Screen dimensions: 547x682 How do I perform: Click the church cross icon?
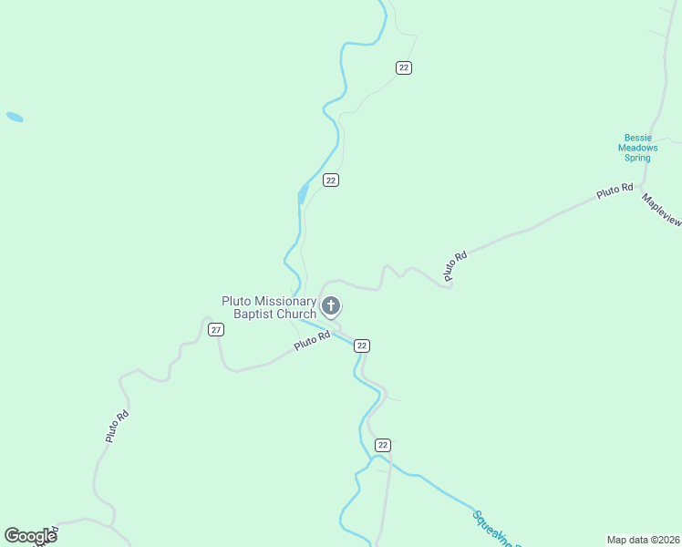tap(331, 305)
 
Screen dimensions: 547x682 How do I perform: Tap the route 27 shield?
tap(215, 329)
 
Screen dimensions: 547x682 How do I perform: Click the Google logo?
tap(30, 535)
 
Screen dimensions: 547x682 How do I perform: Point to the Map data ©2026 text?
tap(643, 539)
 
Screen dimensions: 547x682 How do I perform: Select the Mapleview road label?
tap(662, 209)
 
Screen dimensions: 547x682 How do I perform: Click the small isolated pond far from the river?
tap(15, 117)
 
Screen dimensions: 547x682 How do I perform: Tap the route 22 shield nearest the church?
tap(362, 346)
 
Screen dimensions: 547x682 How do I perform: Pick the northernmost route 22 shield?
tap(404, 67)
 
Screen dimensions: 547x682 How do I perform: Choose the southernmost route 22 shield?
tap(383, 445)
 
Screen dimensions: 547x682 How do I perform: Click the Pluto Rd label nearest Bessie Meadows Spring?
tap(615, 191)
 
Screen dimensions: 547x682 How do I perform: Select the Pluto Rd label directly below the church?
tap(312, 342)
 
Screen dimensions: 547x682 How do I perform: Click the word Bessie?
tap(637, 138)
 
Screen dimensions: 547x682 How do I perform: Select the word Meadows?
tap(637, 148)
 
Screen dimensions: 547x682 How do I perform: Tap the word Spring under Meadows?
tap(637, 158)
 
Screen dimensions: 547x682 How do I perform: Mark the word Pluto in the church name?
tap(236, 302)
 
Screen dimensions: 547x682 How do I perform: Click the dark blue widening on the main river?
tap(302, 193)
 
